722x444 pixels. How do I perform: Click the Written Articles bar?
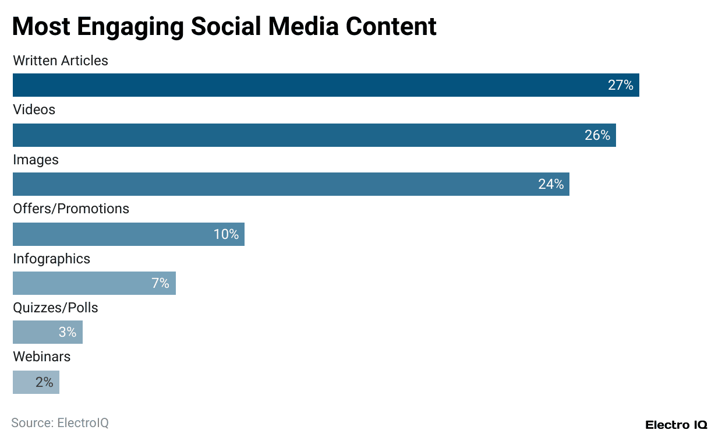(314, 85)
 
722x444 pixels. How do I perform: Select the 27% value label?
(620, 86)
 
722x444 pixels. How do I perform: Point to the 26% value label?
(597, 136)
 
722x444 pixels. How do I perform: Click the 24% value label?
(550, 185)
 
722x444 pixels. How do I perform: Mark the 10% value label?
(226, 235)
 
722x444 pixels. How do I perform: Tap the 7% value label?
(160, 284)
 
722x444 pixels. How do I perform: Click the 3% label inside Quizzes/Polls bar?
(68, 332)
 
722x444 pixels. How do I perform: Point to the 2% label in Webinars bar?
(44, 382)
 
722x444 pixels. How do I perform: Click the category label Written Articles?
(61, 61)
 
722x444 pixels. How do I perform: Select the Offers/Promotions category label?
(71, 209)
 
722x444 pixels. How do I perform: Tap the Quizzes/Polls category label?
(55, 308)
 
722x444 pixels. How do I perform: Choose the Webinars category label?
(42, 357)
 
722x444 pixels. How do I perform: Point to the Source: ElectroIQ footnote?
(60, 423)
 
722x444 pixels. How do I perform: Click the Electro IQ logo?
(676, 425)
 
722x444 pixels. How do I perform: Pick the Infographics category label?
(52, 259)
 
